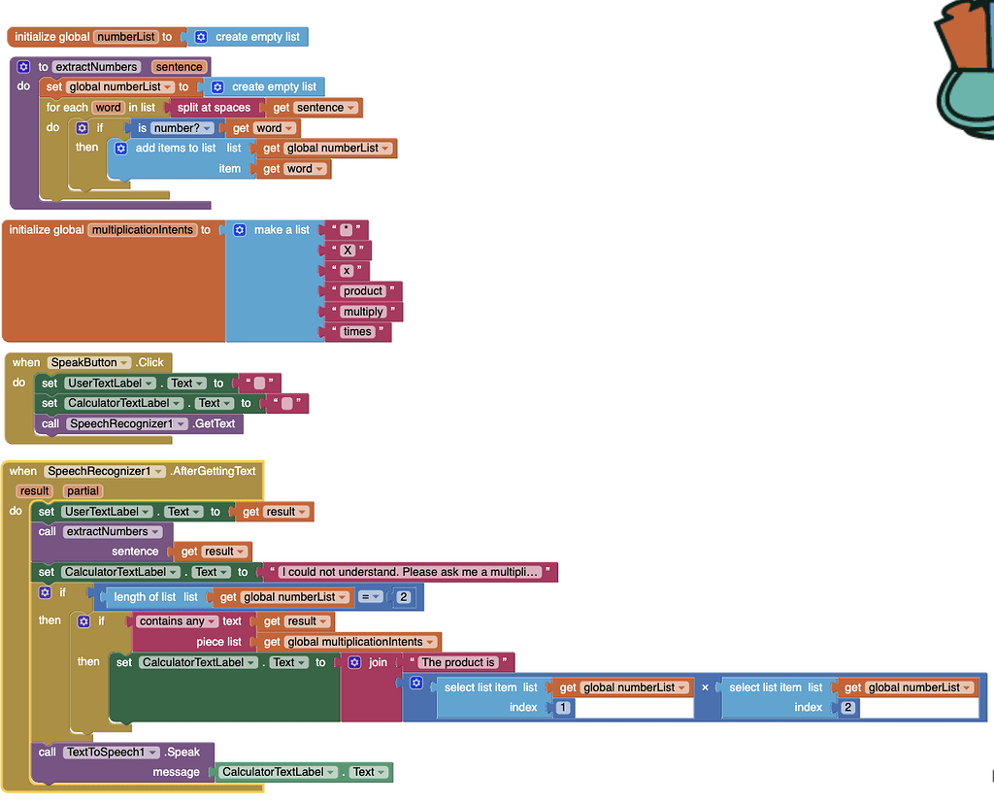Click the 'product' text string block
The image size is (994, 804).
point(363,291)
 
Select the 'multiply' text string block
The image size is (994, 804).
point(363,312)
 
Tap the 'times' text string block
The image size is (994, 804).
point(357,332)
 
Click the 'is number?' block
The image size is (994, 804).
point(174,128)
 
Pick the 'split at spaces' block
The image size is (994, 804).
point(214,108)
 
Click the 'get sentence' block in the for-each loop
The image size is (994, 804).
point(314,108)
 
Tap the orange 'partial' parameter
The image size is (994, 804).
point(83,491)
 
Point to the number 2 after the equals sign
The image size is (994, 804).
point(403,597)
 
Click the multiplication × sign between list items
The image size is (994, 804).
point(705,687)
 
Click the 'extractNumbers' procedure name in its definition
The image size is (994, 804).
point(96,67)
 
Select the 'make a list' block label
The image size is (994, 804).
point(282,230)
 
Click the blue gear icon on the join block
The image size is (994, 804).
point(354,662)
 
